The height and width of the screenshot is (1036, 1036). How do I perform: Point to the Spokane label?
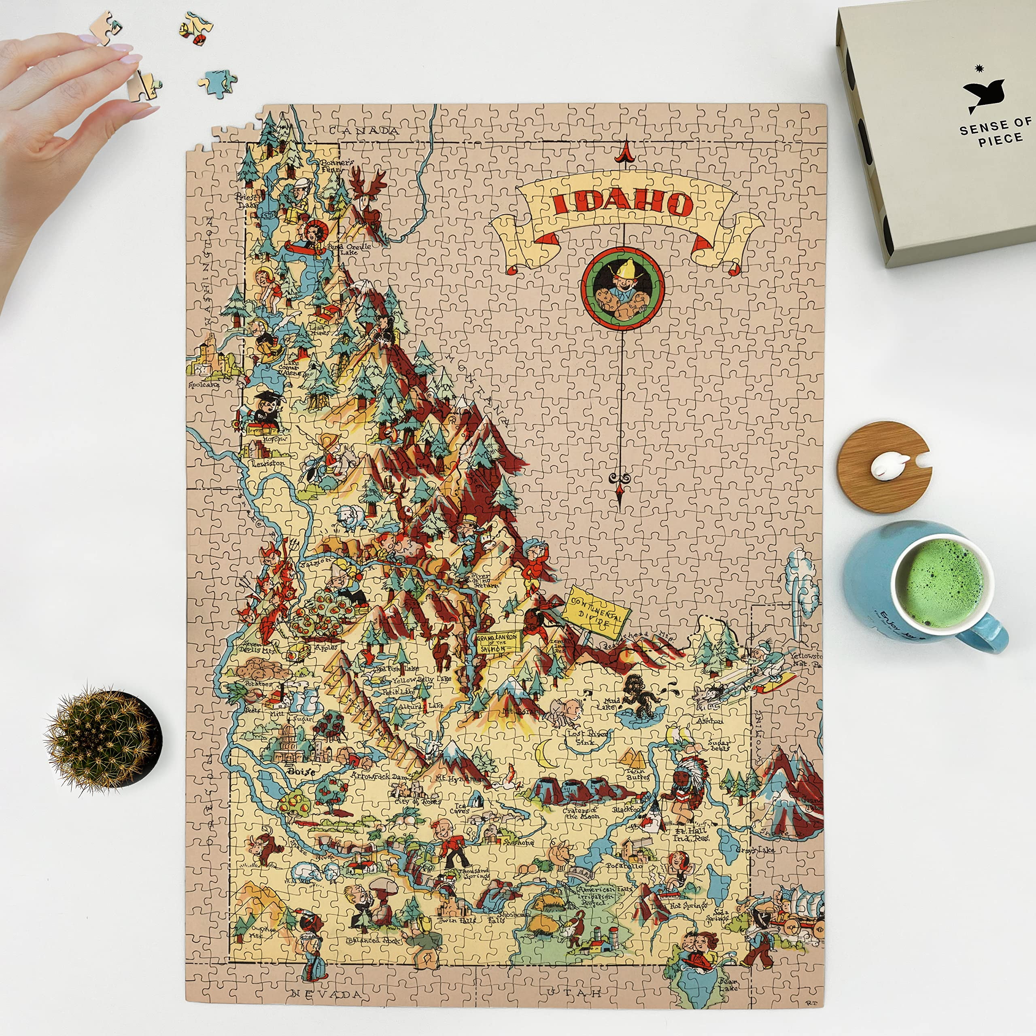point(204,384)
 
